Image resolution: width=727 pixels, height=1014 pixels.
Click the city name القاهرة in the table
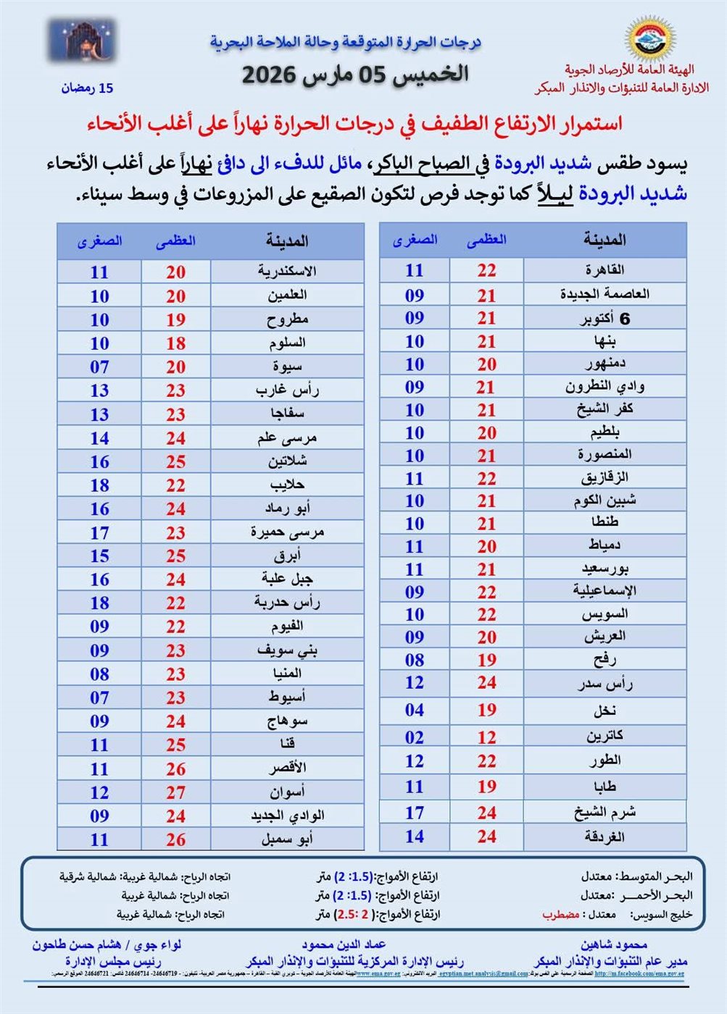coord(605,270)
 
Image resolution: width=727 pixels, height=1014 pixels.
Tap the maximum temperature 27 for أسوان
coord(175,792)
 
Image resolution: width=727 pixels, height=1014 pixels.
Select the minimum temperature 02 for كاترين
coord(414,737)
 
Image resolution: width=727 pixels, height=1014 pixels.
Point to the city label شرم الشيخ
coord(605,812)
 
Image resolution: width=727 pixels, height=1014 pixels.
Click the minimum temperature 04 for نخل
coord(414,710)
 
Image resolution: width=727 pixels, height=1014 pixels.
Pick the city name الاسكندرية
coord(287,272)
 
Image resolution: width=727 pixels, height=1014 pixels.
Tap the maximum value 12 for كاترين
coord(486,737)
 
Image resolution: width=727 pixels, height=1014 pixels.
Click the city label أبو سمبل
coord(287,839)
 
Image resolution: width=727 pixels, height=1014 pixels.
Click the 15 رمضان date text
coord(87,88)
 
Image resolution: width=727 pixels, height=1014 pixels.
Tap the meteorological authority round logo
coord(649,38)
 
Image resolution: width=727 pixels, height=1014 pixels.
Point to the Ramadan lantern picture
coord(82,41)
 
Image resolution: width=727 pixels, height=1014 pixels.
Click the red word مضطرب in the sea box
coord(560,915)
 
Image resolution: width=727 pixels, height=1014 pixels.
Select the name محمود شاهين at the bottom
coord(613,944)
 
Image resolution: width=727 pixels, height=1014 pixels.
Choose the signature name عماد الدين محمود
coord(344,944)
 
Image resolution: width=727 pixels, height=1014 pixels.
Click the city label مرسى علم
coord(287,438)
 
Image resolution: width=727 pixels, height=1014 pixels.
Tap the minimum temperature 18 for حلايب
coord(99,485)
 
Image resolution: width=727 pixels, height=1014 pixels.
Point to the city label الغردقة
coord(605,837)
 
